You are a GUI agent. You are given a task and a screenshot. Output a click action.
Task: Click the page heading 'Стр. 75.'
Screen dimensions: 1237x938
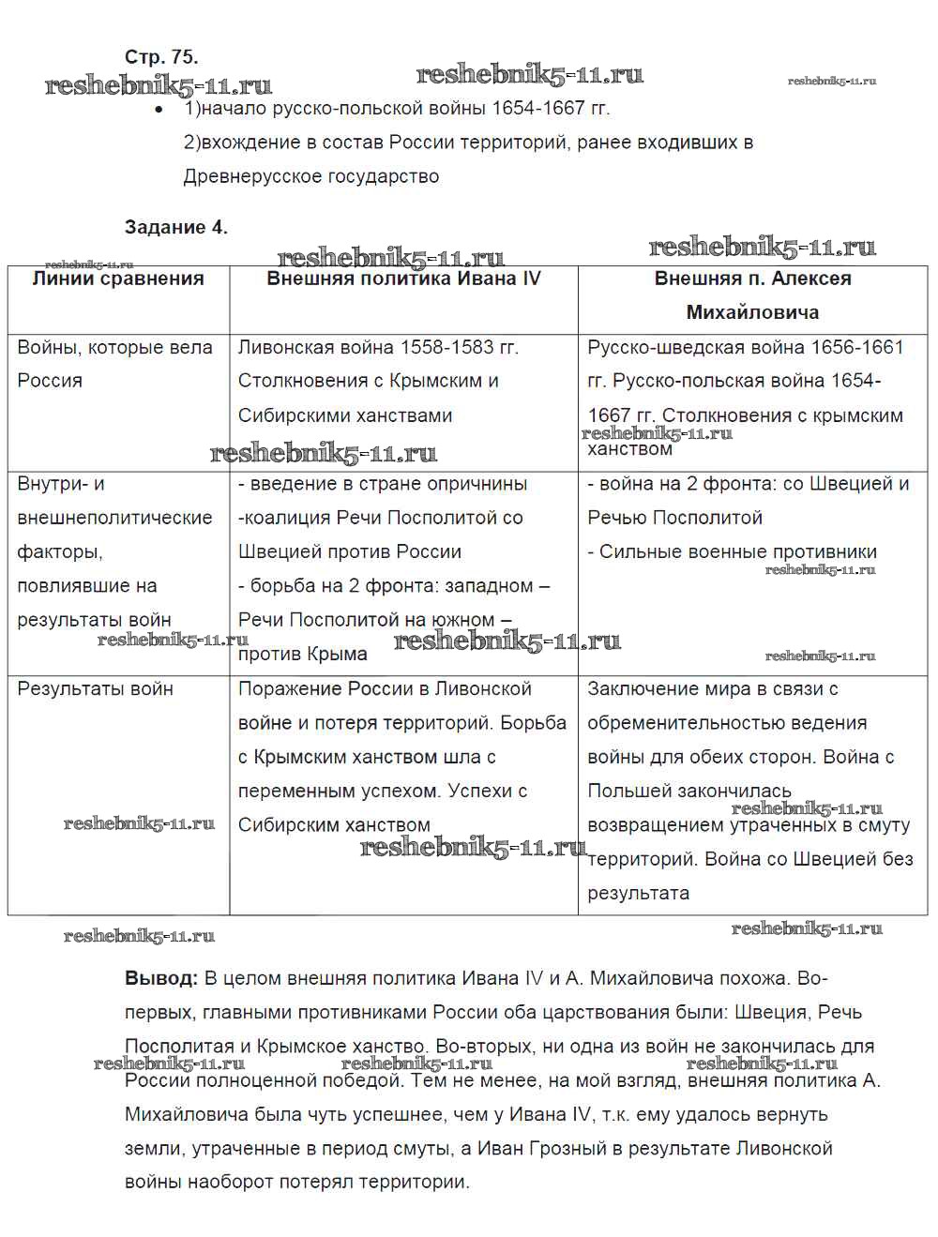click(161, 56)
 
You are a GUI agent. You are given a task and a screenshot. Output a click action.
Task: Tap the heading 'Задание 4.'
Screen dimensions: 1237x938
click(176, 227)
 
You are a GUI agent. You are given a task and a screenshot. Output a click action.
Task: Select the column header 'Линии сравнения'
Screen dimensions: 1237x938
click(118, 279)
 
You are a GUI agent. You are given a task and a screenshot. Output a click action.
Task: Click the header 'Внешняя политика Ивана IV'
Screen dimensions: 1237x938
click(403, 279)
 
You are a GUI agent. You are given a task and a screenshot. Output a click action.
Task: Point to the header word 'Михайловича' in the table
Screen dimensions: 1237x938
click(752, 312)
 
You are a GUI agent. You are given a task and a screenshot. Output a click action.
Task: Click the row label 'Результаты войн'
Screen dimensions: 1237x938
click(95, 689)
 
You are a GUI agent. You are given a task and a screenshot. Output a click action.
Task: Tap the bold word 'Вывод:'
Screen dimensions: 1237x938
click(160, 978)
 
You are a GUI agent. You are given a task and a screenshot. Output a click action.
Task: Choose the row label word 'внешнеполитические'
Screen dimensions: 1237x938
click(114, 518)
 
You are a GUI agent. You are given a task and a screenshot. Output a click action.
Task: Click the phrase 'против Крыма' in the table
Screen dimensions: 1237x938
click(302, 654)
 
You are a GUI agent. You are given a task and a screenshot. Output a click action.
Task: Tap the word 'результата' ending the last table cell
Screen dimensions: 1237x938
click(638, 893)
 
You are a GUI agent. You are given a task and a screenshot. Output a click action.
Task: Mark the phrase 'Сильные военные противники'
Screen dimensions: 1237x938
click(737, 551)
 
